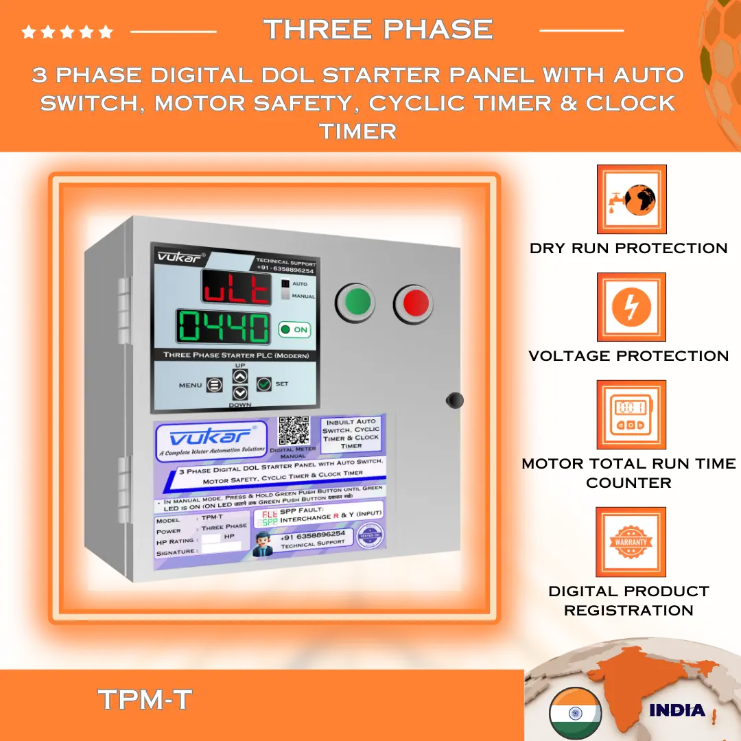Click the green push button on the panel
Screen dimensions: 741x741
coord(355,301)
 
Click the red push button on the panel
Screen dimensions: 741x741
coord(414,302)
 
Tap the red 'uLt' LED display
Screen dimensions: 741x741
coord(236,287)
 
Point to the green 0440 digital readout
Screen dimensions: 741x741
coord(224,327)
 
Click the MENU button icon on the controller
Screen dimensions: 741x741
coord(215,386)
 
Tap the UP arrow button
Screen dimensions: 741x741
coord(239,376)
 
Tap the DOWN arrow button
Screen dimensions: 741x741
coord(239,394)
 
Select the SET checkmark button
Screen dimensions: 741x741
coord(264,385)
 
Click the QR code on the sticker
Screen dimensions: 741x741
coord(294,431)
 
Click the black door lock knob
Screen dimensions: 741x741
coord(454,400)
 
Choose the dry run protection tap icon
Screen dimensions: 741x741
coord(631,199)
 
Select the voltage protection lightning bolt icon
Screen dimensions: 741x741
coord(631,307)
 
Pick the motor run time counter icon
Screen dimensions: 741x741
coord(631,415)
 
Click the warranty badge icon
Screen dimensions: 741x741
coord(631,542)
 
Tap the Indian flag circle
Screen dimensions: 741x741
coord(575,712)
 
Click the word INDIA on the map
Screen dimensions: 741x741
coord(677,710)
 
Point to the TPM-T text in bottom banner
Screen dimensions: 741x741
coord(145,700)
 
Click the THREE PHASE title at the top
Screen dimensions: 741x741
coord(378,30)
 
